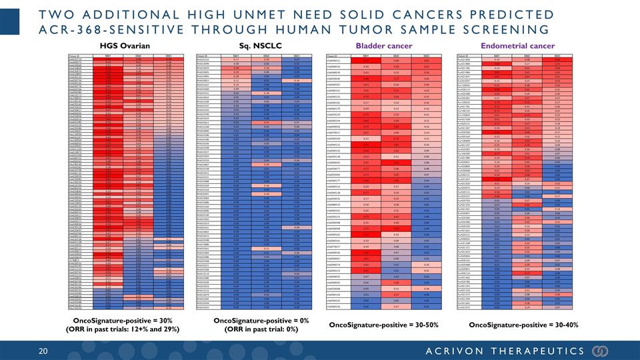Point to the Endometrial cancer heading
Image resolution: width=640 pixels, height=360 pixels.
(521, 45)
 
